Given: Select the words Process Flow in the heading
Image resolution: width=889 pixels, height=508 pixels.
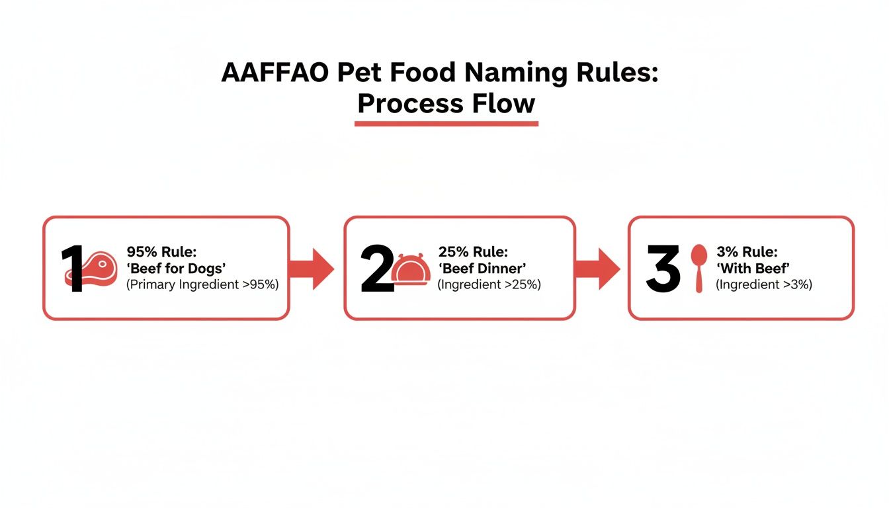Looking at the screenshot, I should tap(446, 103).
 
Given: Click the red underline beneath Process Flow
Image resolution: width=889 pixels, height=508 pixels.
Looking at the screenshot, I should tap(446, 123).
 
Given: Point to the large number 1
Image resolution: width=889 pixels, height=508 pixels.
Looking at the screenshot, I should tap(73, 269).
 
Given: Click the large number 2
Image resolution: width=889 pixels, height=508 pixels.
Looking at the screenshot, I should tap(376, 269).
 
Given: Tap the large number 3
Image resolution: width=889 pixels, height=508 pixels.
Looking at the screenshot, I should tap(662, 269).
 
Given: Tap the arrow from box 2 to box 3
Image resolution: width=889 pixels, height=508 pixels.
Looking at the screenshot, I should tap(597, 269).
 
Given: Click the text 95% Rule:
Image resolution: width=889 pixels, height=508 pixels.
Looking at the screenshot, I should tap(161, 252).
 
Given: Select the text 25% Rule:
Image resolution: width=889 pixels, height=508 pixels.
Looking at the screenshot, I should tap(473, 252).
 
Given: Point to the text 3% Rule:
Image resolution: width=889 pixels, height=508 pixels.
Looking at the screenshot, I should tap(747, 252).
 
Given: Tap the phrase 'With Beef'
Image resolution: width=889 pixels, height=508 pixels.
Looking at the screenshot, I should tap(753, 269).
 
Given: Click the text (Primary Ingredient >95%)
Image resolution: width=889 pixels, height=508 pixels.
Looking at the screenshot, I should tap(202, 285).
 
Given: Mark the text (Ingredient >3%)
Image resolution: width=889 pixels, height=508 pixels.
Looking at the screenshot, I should tap(763, 285).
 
